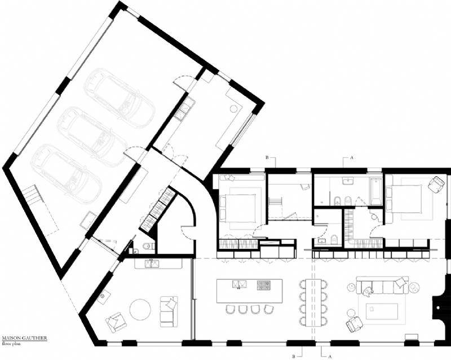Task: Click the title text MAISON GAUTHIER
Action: [x=23, y=339]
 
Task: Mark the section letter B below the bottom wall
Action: [x=293, y=355]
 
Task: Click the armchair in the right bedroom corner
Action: [x=435, y=184]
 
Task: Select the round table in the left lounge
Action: [x=139, y=310]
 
